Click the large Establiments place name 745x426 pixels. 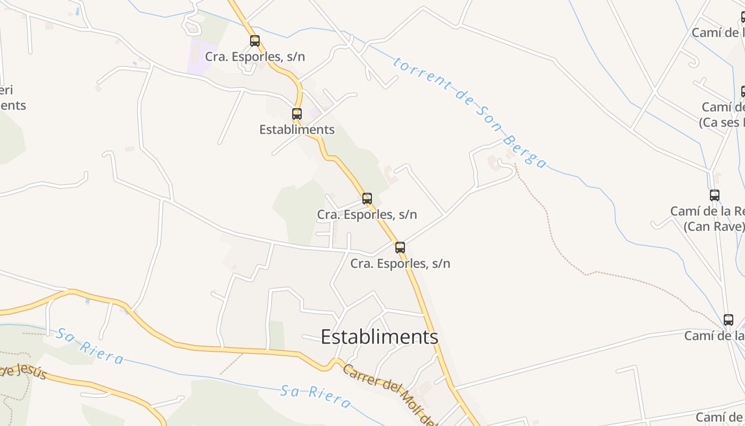point(379,337)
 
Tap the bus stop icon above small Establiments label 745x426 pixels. point(297,114)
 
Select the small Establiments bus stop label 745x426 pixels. point(297,129)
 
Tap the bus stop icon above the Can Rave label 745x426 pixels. point(715,195)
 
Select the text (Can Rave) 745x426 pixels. point(714,226)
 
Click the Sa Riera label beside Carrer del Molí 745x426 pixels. point(316,397)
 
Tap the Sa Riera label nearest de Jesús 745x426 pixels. point(90,346)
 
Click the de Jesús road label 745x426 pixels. point(24,371)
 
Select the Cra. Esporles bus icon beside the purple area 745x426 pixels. point(255,41)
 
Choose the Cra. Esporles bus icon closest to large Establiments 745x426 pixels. point(400,248)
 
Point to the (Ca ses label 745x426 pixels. point(721,122)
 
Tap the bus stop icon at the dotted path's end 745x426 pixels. point(729,320)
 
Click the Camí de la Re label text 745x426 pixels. point(707,211)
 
